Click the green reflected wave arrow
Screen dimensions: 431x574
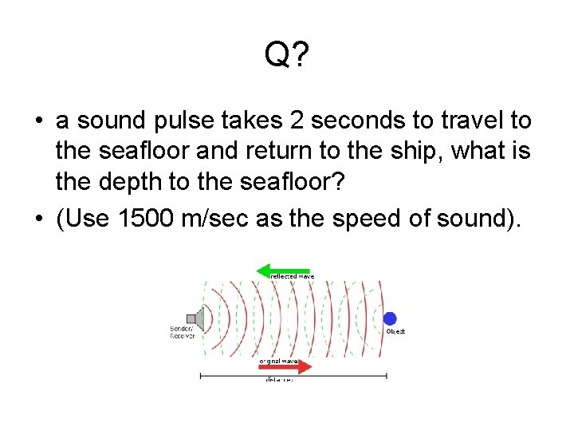[282, 271]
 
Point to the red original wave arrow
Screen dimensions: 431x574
[286, 367]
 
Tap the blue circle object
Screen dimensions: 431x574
[390, 318]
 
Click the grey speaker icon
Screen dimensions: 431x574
[196, 319]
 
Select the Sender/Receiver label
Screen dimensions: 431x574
[182, 332]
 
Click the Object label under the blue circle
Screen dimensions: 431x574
[395, 331]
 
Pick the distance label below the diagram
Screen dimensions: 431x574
[279, 381]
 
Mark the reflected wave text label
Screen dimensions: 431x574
[293, 277]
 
